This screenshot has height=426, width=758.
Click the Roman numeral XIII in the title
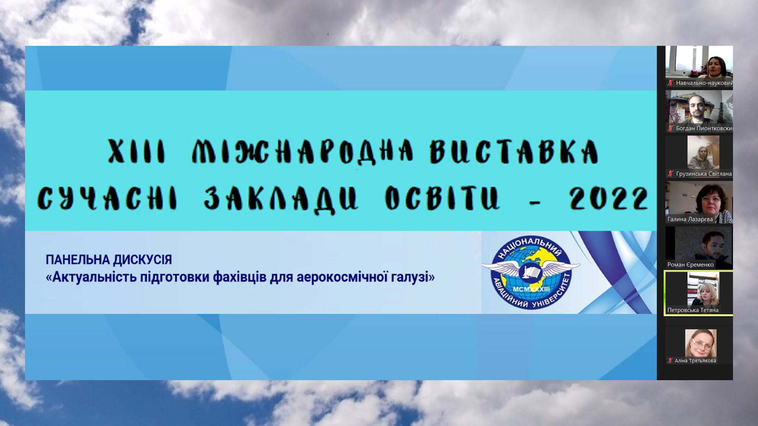click(136, 151)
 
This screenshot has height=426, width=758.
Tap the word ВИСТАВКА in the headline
click(514, 151)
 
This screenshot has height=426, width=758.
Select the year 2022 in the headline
click(609, 199)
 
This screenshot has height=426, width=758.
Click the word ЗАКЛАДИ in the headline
click(281, 200)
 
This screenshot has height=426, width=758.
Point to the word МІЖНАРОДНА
click(302, 151)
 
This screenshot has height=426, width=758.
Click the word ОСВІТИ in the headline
click(442, 198)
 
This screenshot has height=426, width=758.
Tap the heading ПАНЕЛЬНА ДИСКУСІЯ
click(109, 260)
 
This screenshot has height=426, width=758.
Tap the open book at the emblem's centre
click(530, 272)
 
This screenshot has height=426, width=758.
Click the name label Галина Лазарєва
click(690, 219)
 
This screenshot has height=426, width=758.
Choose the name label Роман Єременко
click(690, 265)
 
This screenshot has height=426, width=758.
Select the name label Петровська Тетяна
click(693, 310)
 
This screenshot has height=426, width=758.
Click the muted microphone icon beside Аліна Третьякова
click(670, 360)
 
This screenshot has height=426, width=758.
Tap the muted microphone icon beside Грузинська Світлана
click(670, 174)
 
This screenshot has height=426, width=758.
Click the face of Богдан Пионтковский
click(697, 106)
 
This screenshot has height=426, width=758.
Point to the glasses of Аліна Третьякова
click(700, 343)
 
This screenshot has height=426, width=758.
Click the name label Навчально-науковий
click(704, 83)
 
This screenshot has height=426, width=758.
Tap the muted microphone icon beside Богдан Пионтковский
click(670, 128)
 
